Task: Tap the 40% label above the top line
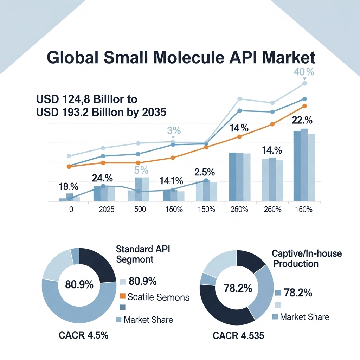(x=304, y=73)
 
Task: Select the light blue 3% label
(x=174, y=131)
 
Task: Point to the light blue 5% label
(x=141, y=170)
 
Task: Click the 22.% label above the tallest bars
(x=302, y=120)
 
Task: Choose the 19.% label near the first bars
(x=68, y=187)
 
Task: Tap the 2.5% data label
(x=204, y=172)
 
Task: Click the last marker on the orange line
(x=304, y=106)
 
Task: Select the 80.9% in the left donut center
(x=79, y=284)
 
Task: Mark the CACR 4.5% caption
(x=83, y=335)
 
